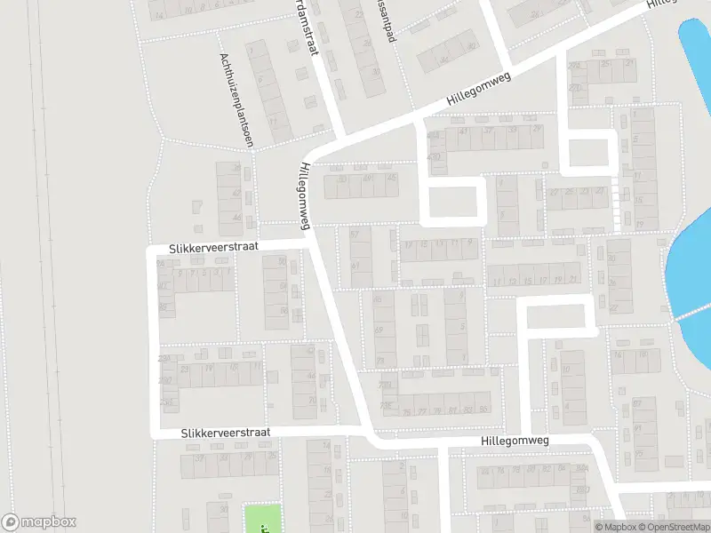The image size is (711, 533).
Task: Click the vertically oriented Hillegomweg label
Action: pos(304,196)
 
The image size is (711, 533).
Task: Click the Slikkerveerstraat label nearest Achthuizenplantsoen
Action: pos(214,248)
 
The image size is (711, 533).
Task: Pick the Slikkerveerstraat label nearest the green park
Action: pos(225,433)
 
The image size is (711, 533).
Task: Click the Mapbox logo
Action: pos(39,522)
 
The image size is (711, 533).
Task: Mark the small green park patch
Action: pos(262,519)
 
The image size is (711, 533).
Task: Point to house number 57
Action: pos(356,234)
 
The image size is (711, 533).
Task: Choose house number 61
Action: pos(356,266)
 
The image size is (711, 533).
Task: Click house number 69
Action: pos(379,330)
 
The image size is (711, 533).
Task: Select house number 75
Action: pos(407,411)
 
